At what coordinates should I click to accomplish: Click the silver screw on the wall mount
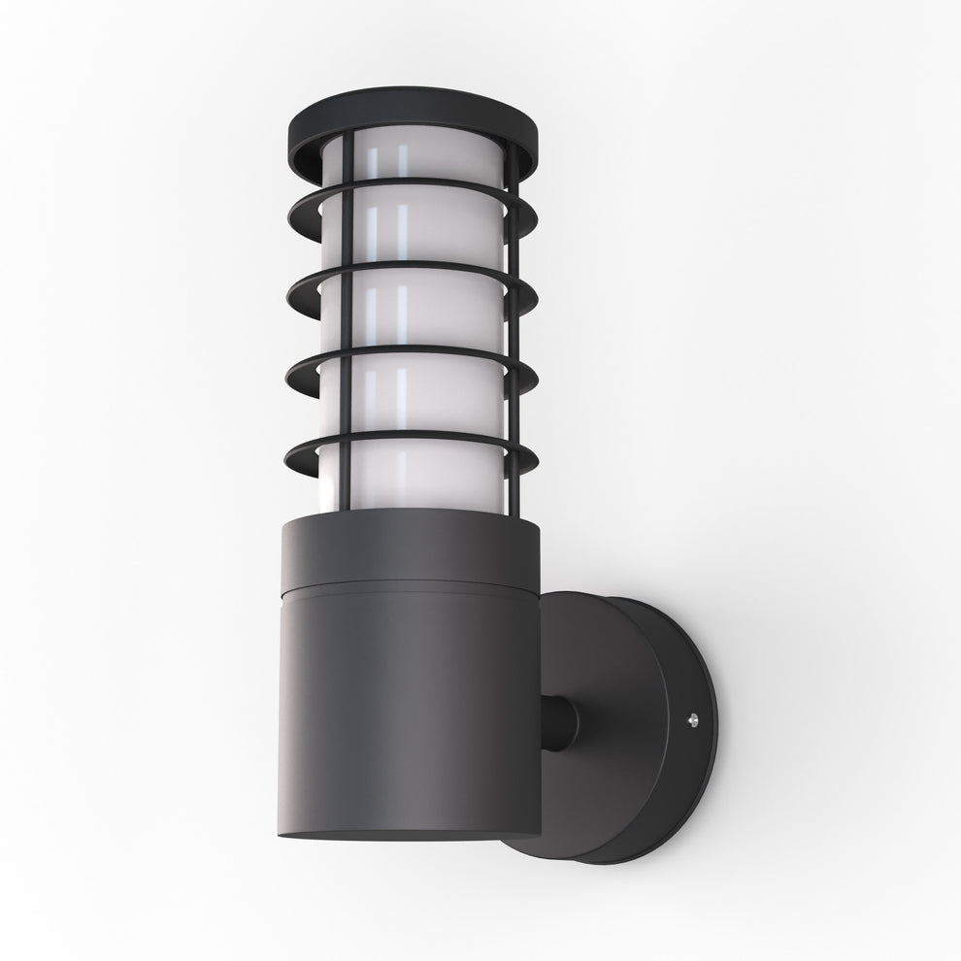(x=693, y=720)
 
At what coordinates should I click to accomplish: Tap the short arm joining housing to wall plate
(x=561, y=723)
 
